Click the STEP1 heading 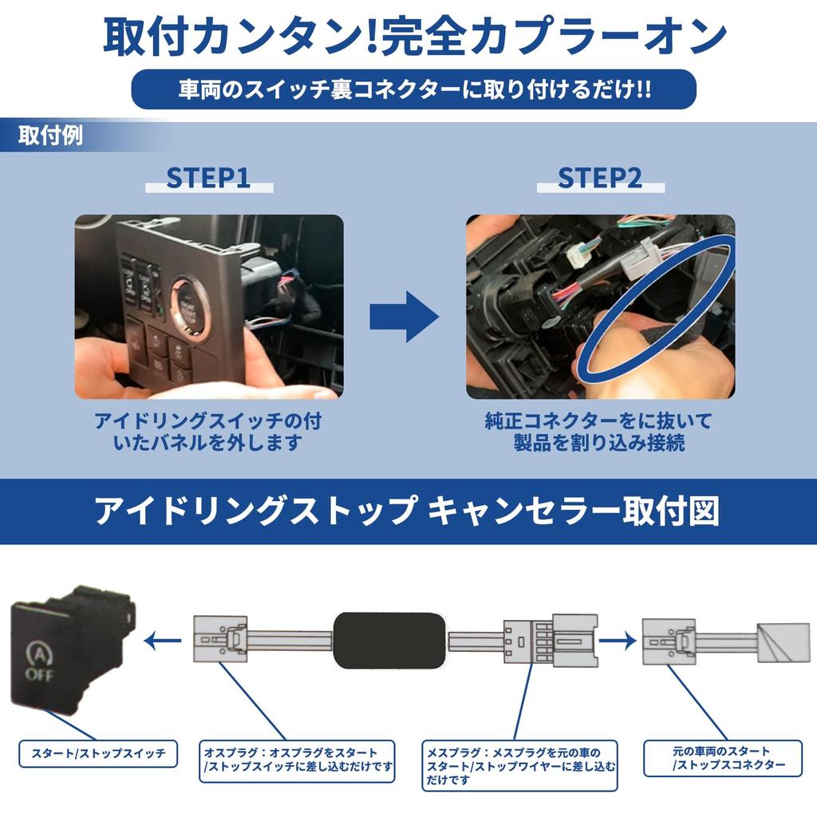click(x=208, y=178)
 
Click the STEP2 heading click(x=600, y=178)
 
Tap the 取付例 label click(x=50, y=136)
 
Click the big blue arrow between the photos click(x=404, y=316)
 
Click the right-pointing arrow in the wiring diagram click(x=618, y=638)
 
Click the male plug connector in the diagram click(x=222, y=639)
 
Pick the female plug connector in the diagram click(x=550, y=640)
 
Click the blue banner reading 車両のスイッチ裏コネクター click(x=413, y=89)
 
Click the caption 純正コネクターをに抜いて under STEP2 click(x=598, y=420)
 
